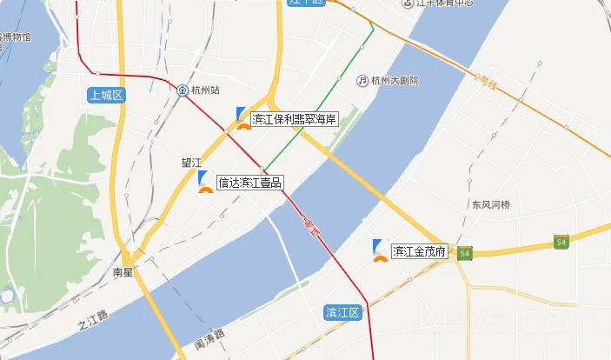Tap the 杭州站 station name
(x=206, y=90)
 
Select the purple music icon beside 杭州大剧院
(x=362, y=81)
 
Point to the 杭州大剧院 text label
(x=395, y=81)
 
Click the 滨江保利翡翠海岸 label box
(x=294, y=119)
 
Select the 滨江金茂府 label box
(x=420, y=252)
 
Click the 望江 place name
(x=190, y=163)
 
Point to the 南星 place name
(x=123, y=271)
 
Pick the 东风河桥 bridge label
(x=491, y=206)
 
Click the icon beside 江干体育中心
(x=408, y=3)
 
